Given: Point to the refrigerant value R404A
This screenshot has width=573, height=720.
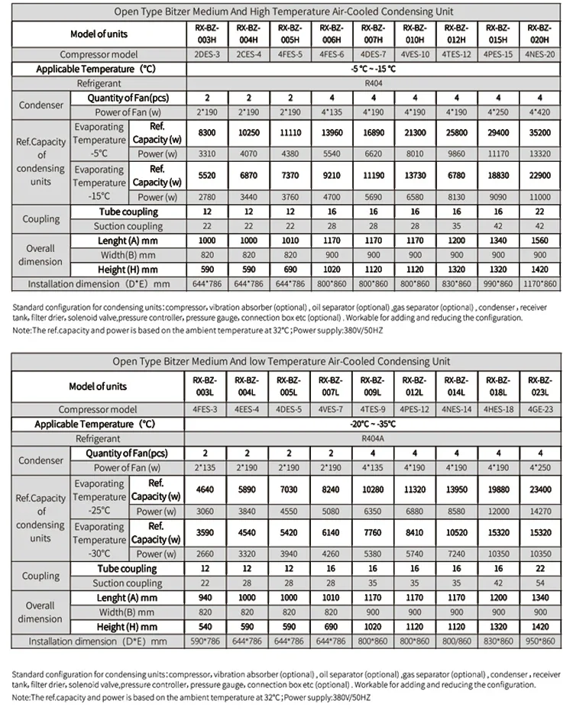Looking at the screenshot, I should point(372,439).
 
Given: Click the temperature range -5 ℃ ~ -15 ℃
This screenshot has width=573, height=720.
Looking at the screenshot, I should point(372,69).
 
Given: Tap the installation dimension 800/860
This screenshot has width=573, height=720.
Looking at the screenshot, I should point(456,641).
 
